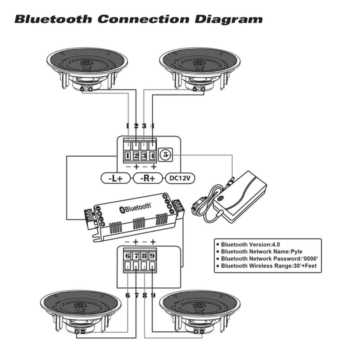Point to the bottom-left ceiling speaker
click(80, 310)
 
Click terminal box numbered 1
click(128, 155)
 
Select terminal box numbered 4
click(152, 155)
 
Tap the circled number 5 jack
click(166, 155)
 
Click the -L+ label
click(115, 177)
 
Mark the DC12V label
click(178, 177)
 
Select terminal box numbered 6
click(128, 255)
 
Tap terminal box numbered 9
click(152, 255)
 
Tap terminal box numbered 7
click(136, 255)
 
